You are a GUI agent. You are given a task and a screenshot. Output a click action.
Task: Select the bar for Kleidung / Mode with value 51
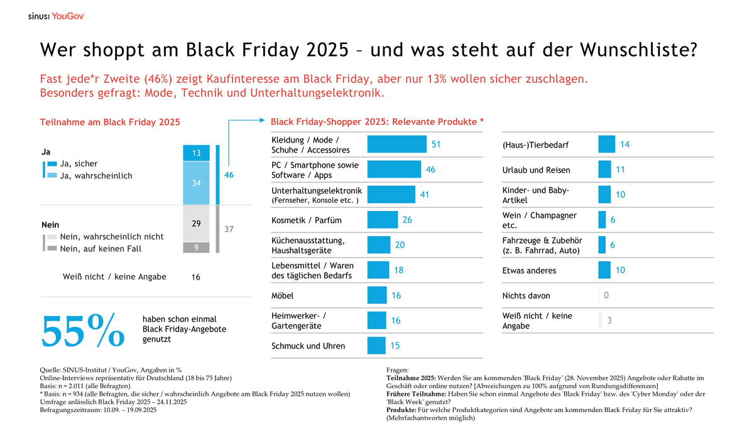(396, 144)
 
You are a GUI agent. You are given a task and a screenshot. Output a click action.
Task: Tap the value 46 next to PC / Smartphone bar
(430, 170)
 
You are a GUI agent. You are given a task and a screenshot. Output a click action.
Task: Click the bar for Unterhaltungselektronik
(391, 195)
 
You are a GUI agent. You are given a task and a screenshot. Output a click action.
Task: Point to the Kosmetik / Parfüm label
(298, 220)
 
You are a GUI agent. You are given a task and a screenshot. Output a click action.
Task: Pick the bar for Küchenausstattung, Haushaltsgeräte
(378, 245)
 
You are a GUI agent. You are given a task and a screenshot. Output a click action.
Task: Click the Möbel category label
(282, 295)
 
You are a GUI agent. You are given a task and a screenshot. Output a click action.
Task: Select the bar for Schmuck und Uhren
(376, 345)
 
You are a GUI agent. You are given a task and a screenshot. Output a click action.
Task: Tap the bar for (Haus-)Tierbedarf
(606, 144)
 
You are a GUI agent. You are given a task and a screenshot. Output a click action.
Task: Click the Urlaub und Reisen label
(536, 170)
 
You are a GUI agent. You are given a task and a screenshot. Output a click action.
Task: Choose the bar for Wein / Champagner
(602, 220)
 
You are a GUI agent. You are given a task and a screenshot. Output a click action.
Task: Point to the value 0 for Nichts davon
(606, 295)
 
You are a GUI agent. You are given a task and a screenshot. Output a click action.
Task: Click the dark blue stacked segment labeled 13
(196, 153)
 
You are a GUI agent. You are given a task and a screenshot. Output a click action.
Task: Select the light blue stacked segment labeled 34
(196, 183)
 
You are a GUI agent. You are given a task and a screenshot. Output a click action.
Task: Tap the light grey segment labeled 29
(196, 224)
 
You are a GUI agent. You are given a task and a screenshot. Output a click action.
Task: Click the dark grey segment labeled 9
(196, 247)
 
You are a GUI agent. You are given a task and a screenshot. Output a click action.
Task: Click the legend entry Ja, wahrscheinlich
(96, 176)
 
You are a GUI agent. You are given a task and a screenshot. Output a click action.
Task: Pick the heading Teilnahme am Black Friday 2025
(110, 122)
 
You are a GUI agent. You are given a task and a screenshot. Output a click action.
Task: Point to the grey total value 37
(229, 229)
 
